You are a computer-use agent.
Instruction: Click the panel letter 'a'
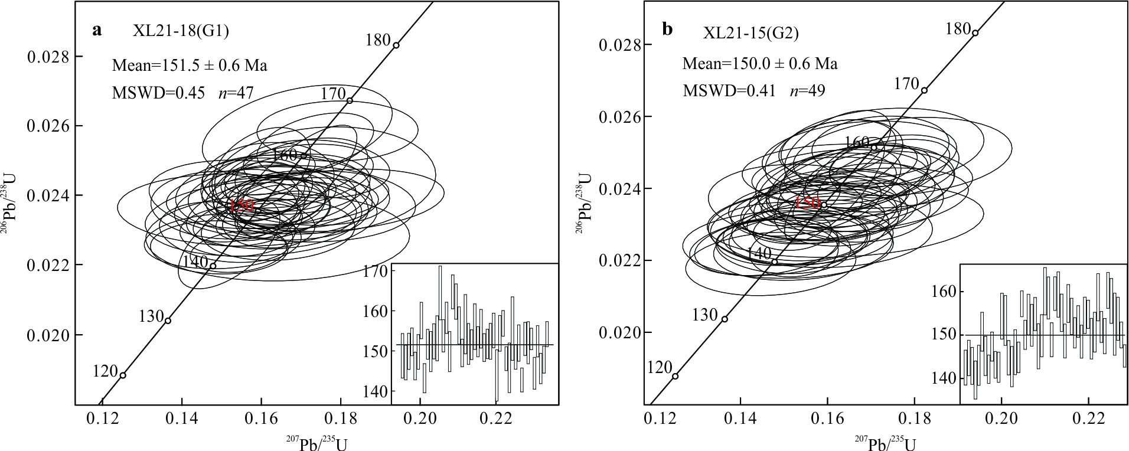(97, 31)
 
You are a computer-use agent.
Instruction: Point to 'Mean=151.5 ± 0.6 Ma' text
(190, 65)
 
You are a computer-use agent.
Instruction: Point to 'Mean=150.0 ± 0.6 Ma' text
(760, 63)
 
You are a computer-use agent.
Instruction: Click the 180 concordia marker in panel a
(396, 45)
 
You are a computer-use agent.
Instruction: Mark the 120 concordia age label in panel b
(660, 368)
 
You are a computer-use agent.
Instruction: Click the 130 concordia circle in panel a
(168, 321)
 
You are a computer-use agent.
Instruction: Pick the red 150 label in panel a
(241, 205)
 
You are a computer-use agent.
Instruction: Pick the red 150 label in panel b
(807, 202)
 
